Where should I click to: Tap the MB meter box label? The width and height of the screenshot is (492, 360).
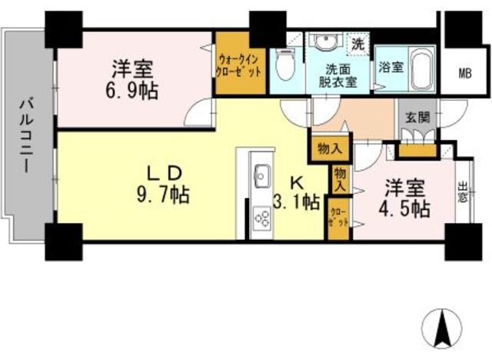pos(465,73)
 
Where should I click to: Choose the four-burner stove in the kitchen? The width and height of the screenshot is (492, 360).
pos(261,219)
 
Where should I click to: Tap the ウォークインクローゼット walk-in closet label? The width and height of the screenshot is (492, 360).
pos(241,64)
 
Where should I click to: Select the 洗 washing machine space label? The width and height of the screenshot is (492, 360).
pos(358,45)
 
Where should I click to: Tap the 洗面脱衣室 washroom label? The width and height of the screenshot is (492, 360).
pos(339,74)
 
